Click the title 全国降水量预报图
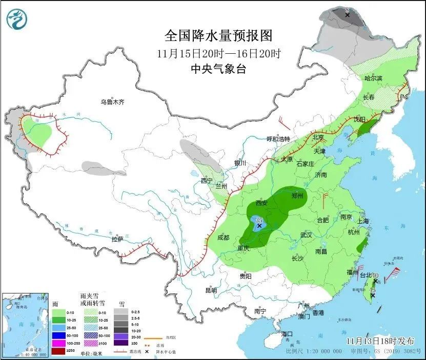pyautogui.click(x=218, y=36)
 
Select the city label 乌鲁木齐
pyautogui.click(x=112, y=102)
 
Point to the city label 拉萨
pyautogui.click(x=117, y=239)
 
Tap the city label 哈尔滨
pyautogui.click(x=374, y=78)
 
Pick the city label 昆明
pyautogui.click(x=211, y=290)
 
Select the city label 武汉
pyautogui.click(x=307, y=235)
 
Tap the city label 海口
pyautogui.click(x=288, y=334)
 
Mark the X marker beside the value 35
pyautogui.click(x=259, y=225)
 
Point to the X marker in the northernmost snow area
pyautogui.click(x=347, y=15)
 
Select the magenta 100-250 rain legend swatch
pyautogui.click(x=59, y=343)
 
